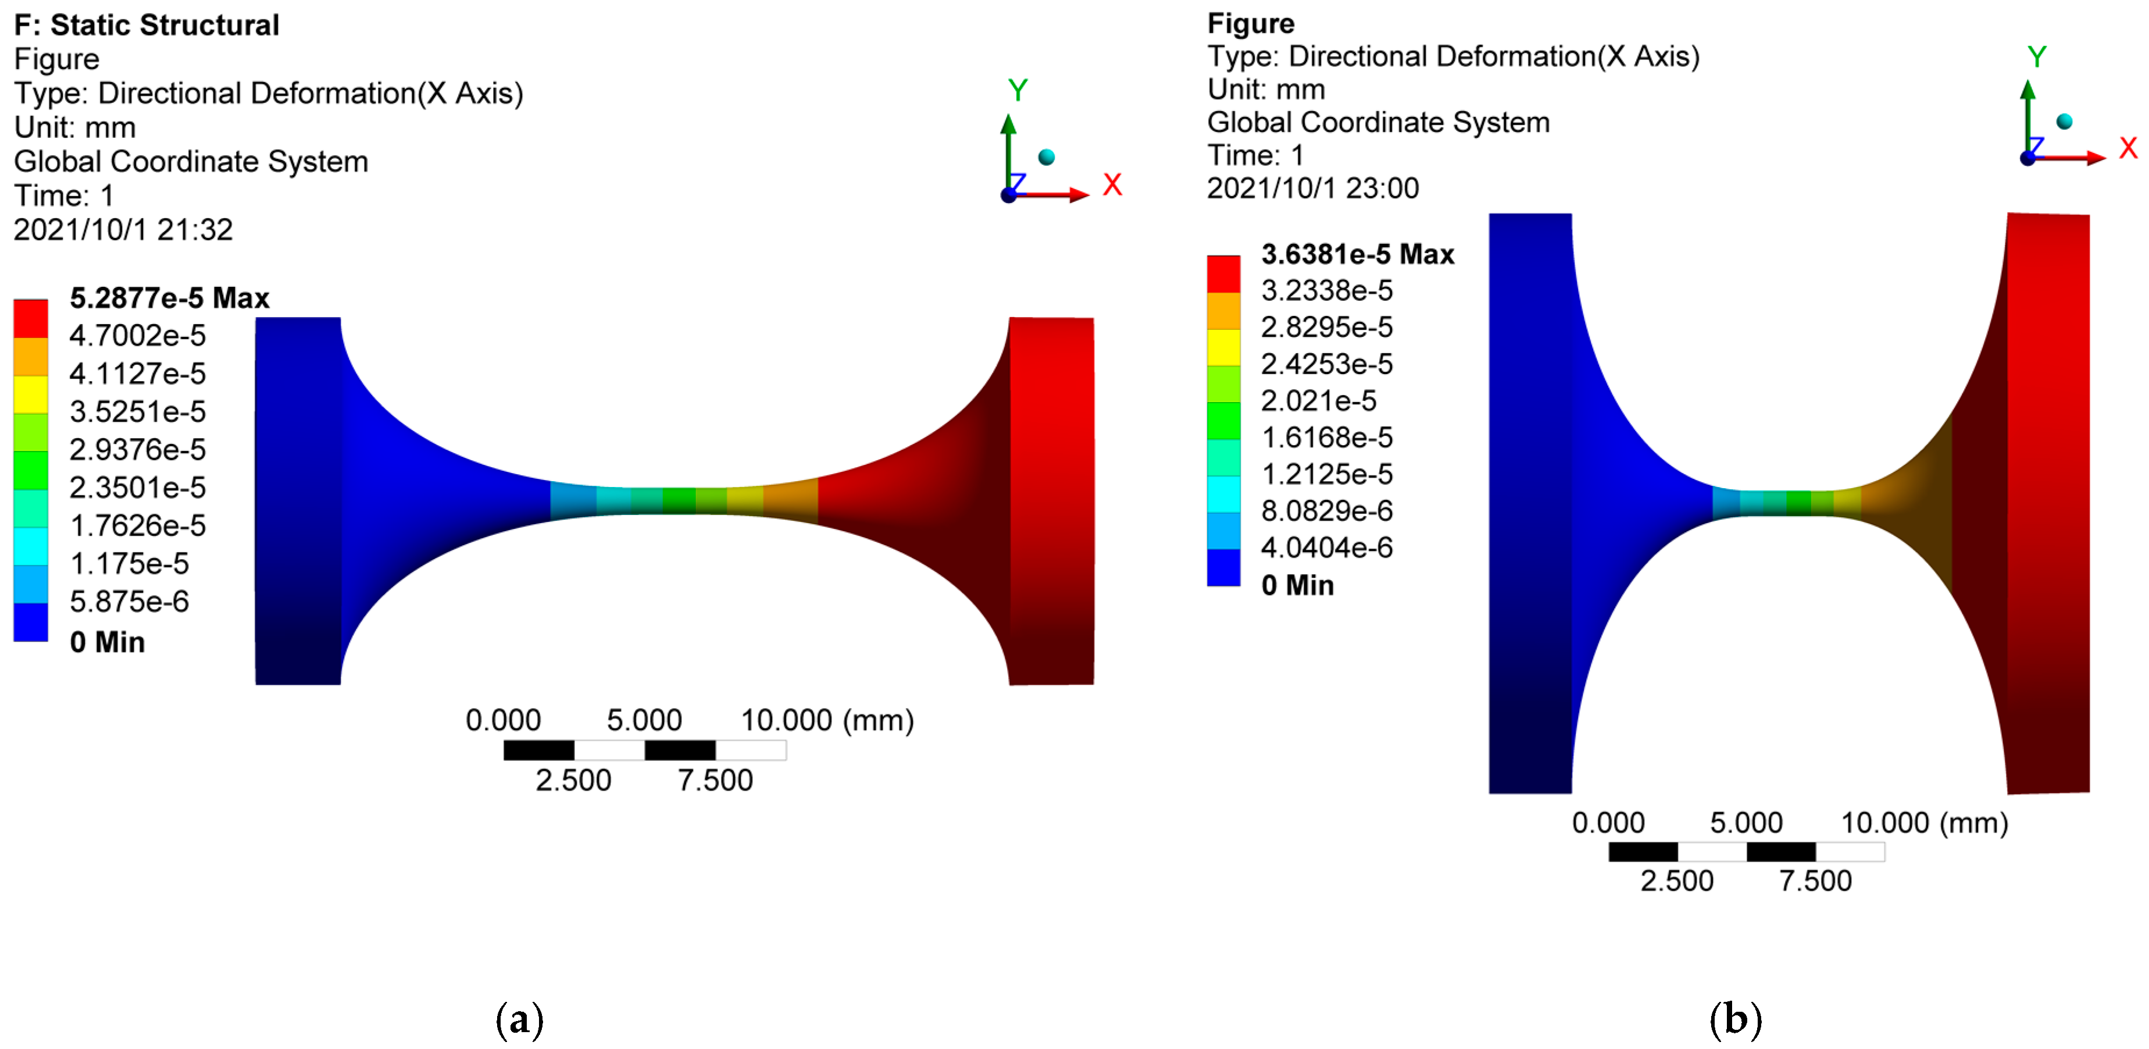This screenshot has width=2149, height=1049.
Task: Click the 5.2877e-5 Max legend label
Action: tap(169, 298)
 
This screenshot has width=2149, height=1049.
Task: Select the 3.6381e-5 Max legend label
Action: tap(1357, 254)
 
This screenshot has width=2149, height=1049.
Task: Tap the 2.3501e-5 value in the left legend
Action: tap(138, 488)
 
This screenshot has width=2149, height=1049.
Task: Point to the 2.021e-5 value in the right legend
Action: tap(1318, 400)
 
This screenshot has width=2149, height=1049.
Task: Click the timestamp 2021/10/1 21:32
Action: tap(123, 229)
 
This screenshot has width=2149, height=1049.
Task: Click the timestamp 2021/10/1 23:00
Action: tap(1312, 189)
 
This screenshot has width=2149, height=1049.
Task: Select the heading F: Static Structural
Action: tap(147, 25)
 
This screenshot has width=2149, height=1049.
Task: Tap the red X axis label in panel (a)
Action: tap(1112, 184)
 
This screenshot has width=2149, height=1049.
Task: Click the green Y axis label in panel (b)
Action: tap(2036, 58)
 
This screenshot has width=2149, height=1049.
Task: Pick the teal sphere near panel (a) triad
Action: tap(1046, 157)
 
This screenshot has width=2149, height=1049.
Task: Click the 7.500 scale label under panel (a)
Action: tap(715, 780)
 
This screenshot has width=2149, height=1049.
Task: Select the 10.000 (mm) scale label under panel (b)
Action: tap(1924, 823)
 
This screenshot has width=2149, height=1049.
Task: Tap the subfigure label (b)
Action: tap(1735, 1019)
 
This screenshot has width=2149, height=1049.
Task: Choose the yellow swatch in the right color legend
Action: tap(1223, 347)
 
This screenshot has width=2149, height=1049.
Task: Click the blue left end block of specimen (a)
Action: tap(298, 501)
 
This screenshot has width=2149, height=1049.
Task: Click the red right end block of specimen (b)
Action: tap(2048, 501)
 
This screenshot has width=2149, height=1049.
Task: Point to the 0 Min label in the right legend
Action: tap(1297, 585)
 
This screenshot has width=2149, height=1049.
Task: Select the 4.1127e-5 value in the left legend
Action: tap(138, 373)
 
